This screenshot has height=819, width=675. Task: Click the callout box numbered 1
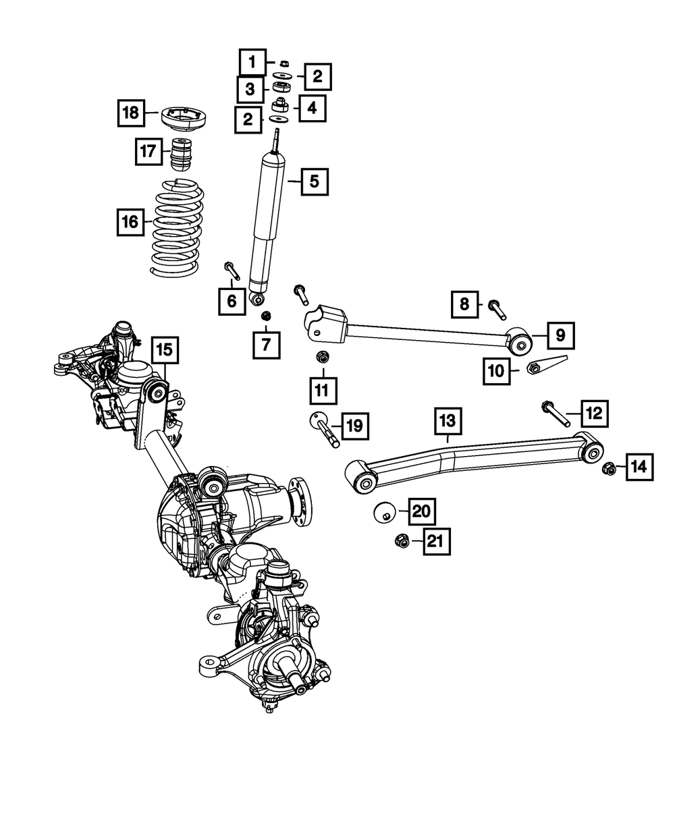coord(252,64)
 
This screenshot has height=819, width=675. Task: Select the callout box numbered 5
coord(315,181)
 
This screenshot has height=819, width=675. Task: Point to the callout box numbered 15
coord(165,349)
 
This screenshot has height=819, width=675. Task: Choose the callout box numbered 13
coord(448,422)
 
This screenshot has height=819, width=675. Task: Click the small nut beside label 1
coord(284,63)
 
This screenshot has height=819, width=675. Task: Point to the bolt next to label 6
coord(232,269)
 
